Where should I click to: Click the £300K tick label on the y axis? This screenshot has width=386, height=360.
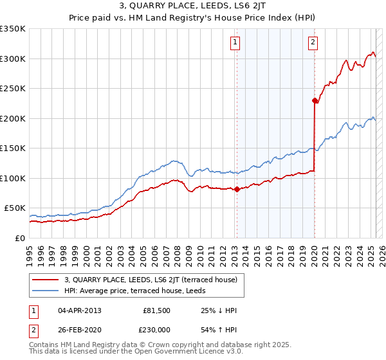[x=13, y=59]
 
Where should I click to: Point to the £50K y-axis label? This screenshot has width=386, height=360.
[x=15, y=208]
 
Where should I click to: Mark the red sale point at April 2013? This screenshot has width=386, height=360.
[x=237, y=189]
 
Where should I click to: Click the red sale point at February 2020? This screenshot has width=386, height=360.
[x=315, y=100]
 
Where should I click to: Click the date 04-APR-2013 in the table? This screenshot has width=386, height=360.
[x=80, y=310]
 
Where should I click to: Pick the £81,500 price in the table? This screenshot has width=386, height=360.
[x=156, y=310]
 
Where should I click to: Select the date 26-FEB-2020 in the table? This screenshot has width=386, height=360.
[x=80, y=328]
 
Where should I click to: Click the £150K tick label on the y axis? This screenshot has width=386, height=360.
[x=13, y=148]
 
